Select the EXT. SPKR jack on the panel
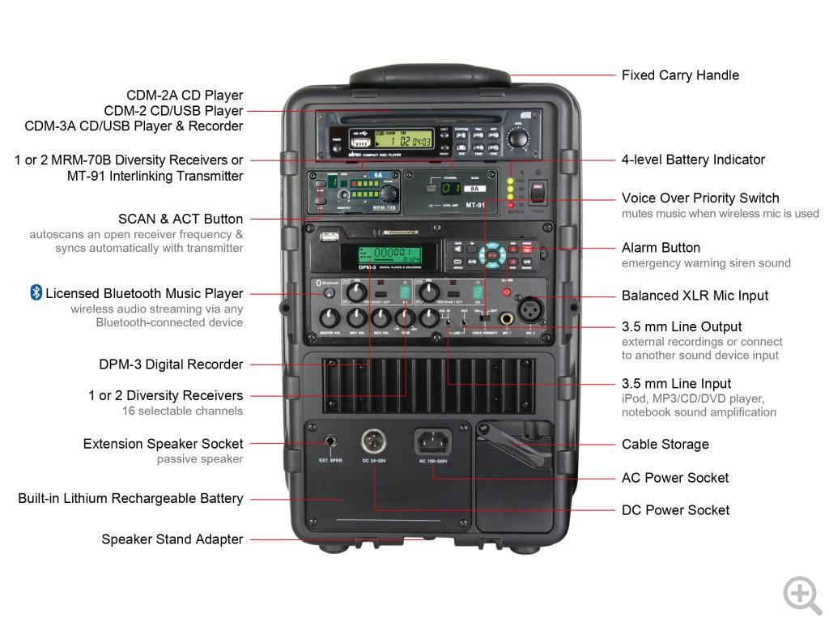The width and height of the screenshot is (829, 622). tap(331, 442)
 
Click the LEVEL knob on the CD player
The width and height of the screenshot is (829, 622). tap(517, 138)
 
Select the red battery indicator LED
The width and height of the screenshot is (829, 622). tap(510, 205)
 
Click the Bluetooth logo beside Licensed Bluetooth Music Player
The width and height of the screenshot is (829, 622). tap(36, 293)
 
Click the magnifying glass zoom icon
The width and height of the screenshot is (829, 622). tap(801, 594)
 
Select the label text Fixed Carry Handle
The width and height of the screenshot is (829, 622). tap(680, 75)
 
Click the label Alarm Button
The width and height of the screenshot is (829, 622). tap(661, 248)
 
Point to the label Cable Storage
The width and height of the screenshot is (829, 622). tap(665, 445)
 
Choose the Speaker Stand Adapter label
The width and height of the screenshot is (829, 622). tap(172, 539)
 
